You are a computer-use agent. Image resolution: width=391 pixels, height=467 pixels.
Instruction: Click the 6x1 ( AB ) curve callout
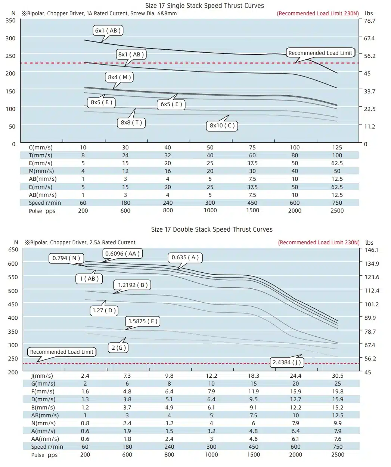pyautogui.click(x=108, y=30)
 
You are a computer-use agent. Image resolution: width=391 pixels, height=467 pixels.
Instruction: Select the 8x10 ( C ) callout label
pyautogui.click(x=222, y=126)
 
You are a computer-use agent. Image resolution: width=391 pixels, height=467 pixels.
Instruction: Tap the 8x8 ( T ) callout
pyautogui.click(x=131, y=123)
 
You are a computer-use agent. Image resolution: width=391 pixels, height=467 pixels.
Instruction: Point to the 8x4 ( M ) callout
pyautogui.click(x=120, y=77)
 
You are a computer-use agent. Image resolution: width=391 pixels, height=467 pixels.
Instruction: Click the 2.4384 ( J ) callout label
pyautogui.click(x=287, y=362)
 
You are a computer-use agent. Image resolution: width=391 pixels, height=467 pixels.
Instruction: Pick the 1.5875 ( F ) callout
pyautogui.click(x=143, y=321)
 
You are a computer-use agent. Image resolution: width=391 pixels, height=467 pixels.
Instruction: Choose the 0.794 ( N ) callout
pyautogui.click(x=66, y=258)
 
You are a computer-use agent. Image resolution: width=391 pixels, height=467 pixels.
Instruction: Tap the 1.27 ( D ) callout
pyautogui.click(x=104, y=310)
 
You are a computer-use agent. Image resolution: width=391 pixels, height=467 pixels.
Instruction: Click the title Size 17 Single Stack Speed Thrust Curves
pyautogui.click(x=205, y=6)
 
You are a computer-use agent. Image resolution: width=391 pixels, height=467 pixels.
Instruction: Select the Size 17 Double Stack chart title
pyautogui.click(x=212, y=229)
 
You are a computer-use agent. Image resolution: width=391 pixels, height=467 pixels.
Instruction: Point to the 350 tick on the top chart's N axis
pyautogui.click(x=10, y=21)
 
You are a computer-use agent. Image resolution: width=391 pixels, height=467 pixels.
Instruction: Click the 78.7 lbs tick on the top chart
pyautogui.click(x=370, y=21)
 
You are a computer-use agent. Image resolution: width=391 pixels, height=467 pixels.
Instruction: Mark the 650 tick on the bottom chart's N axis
pyautogui.click(x=13, y=250)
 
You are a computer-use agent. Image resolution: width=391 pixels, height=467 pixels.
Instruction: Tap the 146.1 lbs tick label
pyautogui.click(x=371, y=250)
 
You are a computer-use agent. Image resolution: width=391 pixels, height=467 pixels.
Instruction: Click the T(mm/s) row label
pyautogui.click(x=40, y=155)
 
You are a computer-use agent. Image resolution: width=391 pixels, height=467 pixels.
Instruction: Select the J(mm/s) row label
pyautogui.click(x=42, y=375)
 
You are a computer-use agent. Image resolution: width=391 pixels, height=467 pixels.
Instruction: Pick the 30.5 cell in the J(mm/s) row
pyautogui.click(x=338, y=375)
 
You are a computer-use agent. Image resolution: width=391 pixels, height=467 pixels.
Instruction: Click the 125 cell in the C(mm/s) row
pyautogui.click(x=337, y=148)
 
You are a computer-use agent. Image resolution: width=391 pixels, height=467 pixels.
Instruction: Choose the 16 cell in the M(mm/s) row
pyautogui.click(x=168, y=171)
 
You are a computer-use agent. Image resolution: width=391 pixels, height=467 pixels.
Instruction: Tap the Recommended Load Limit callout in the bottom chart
pyautogui.click(x=62, y=352)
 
